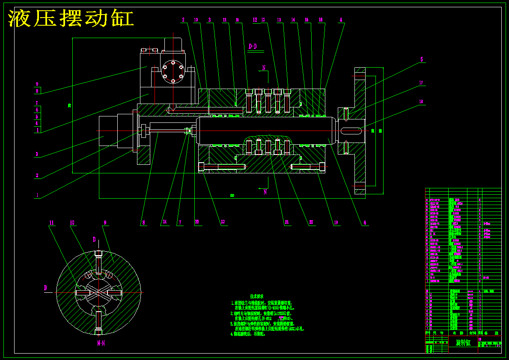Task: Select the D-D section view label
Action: (x=253, y=46)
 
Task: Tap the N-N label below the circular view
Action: (x=101, y=343)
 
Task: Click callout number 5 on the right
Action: (x=422, y=60)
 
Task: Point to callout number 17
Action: (x=421, y=83)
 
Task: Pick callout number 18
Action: (x=421, y=102)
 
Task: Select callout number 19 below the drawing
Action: (x=336, y=223)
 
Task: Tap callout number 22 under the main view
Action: (x=223, y=222)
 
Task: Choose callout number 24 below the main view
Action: (x=164, y=222)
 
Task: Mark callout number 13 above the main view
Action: (x=279, y=20)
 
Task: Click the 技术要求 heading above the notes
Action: (x=256, y=296)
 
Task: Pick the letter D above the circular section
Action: (x=95, y=240)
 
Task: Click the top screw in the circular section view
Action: (x=98, y=262)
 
